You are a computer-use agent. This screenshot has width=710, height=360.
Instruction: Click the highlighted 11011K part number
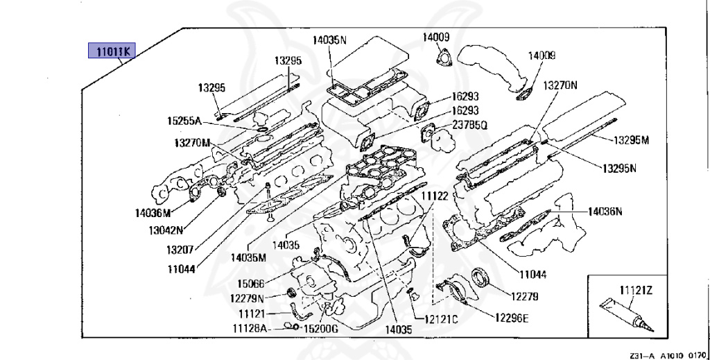coord(112,51)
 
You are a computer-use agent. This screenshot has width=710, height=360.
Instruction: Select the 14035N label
coord(329,40)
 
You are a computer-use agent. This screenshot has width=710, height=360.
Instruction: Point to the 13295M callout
coord(631,140)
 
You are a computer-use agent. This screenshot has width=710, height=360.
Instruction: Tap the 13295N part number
coord(619,169)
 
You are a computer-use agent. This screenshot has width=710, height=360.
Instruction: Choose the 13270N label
coord(560,85)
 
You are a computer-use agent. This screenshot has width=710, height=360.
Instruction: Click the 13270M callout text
coord(193,143)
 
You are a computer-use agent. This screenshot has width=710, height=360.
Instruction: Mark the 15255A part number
coord(184,121)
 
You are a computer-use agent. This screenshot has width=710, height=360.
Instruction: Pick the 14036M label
coord(153,212)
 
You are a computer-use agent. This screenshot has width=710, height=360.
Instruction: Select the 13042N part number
coord(166,230)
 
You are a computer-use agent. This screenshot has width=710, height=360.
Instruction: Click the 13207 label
coord(180,249)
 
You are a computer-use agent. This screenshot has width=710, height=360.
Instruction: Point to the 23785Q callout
coord(469,126)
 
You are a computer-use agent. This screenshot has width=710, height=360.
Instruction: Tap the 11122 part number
coord(435,196)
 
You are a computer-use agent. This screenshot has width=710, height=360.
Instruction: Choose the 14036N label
coord(605,211)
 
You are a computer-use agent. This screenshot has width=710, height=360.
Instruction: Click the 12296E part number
coord(512,318)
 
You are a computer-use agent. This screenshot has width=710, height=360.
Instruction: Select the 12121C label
coord(441,319)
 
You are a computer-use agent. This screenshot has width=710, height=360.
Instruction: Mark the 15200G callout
coord(320,329)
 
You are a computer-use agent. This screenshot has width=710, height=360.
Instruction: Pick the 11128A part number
coord(250,328)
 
